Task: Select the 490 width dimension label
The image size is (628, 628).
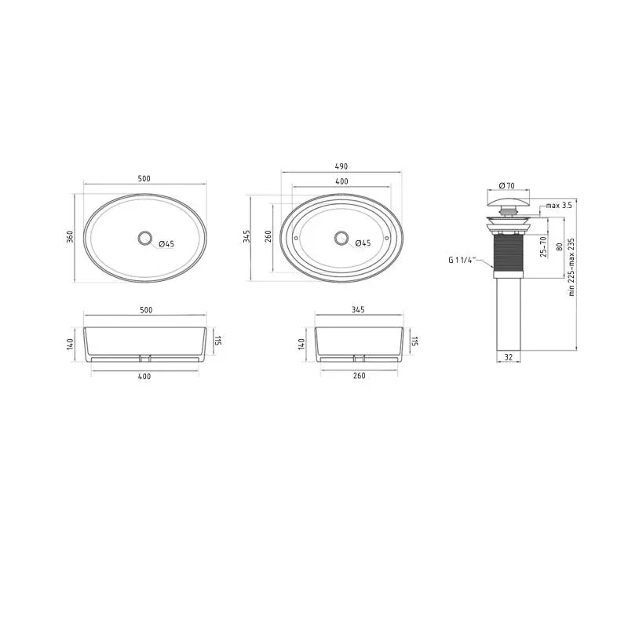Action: (341, 166)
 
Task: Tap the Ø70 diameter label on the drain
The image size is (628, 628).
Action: (507, 185)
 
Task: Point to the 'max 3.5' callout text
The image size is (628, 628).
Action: (559, 206)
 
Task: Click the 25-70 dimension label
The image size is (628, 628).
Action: (543, 246)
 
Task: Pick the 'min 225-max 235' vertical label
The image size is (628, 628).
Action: (571, 267)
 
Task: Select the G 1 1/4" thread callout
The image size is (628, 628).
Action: (462, 260)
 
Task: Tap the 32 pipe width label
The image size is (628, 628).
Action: (508, 357)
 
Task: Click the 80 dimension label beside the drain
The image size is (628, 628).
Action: (560, 246)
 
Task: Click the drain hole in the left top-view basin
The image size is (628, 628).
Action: (144, 238)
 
